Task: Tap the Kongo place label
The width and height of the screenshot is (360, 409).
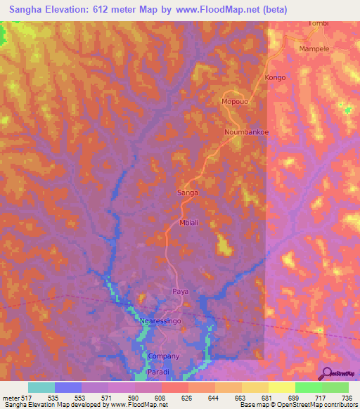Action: pos(275,77)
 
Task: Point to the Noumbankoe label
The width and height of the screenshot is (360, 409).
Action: pos(247,132)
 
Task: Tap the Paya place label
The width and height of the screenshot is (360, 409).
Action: pos(181,291)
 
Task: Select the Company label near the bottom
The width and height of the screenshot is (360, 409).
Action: pos(164,356)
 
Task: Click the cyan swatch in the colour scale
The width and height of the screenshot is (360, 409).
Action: pos(41,387)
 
